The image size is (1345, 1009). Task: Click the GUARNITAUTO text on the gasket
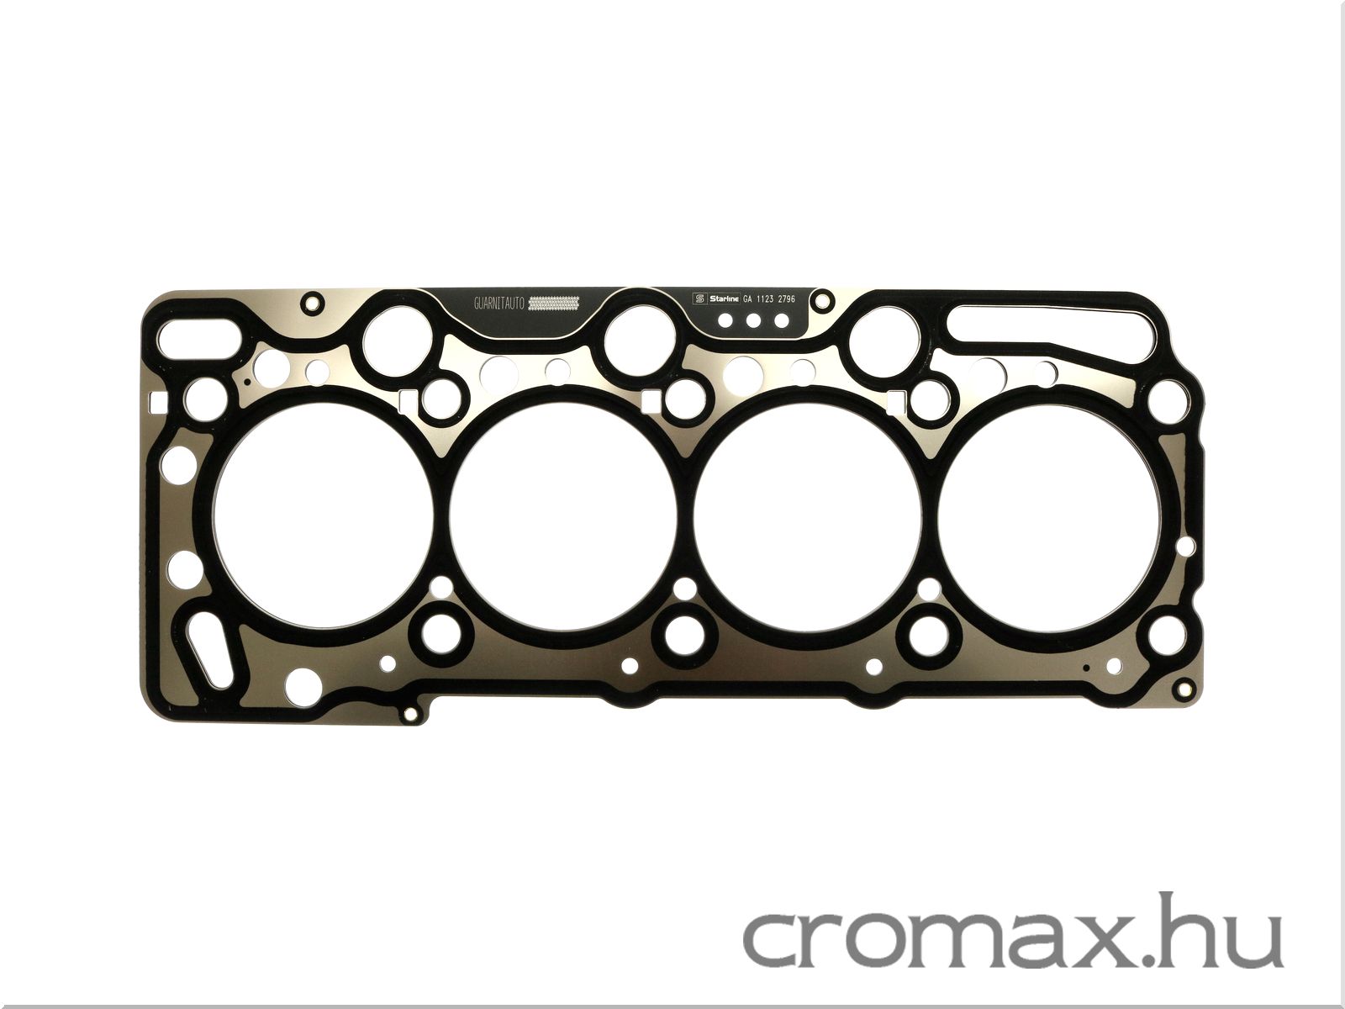coord(499,304)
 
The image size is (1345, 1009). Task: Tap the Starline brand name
coord(725,299)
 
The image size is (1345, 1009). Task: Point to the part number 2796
coord(783,299)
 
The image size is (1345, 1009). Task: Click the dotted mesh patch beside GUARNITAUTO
coord(554,303)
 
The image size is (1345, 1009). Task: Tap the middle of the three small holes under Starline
coord(754,320)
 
